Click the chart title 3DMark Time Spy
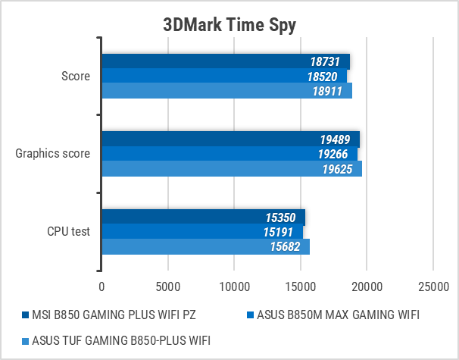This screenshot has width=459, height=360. click(229, 24)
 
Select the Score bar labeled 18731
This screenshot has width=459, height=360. click(225, 61)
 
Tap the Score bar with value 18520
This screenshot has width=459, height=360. click(224, 77)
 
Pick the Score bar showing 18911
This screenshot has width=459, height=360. click(226, 91)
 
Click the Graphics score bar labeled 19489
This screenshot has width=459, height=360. click(230, 139)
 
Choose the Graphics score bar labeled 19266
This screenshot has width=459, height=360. click(229, 154)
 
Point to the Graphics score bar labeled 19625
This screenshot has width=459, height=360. click(231, 168)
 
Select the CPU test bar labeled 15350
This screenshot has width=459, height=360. click(203, 217)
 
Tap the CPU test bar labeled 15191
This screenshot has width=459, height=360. click(201, 231)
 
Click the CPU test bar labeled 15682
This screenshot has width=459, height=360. click(205, 246)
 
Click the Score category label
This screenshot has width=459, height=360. click(76, 77)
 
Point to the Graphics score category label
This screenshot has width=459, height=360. click(53, 154)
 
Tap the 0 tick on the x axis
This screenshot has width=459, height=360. click(102, 287)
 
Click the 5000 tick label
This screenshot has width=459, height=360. click(168, 287)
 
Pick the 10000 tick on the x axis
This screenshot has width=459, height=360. click(234, 287)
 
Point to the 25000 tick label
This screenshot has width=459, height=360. click(432, 287)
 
